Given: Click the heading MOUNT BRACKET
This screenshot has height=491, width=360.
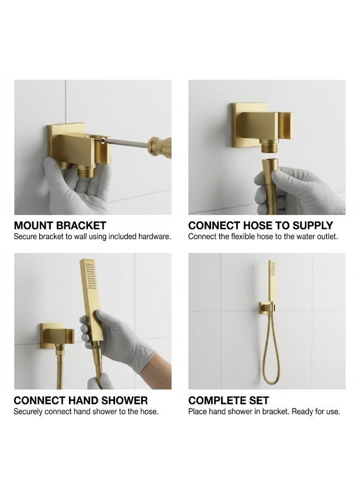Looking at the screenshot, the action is [x=60, y=225].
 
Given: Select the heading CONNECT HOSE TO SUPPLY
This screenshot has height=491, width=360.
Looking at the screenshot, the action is [x=260, y=225].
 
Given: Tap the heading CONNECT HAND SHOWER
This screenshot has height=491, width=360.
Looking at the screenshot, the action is [x=81, y=400].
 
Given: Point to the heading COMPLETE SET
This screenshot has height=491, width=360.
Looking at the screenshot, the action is [x=229, y=400].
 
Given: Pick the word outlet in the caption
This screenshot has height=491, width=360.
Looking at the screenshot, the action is [x=327, y=236].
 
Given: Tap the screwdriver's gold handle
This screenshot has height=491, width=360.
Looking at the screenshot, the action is [x=160, y=147].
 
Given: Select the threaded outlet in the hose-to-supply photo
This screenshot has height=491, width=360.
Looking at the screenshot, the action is [x=269, y=147].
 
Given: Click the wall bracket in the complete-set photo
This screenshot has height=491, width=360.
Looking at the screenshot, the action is [x=266, y=308].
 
